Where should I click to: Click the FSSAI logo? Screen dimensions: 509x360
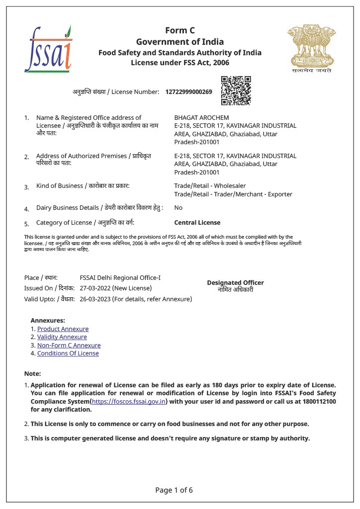tap(48, 49)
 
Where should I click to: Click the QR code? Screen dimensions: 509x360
tap(236, 90)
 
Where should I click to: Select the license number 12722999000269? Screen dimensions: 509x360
tap(188, 92)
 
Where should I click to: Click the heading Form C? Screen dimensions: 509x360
tap(180, 30)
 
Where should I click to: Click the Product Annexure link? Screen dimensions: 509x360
tap(63, 329)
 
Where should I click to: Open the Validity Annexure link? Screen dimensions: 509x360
tap(62, 337)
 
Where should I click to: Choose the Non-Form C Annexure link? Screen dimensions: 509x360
tap(69, 345)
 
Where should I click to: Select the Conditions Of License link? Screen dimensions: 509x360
tap(68, 353)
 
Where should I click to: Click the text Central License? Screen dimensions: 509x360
tap(197, 223)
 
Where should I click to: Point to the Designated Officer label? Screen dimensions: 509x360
tap(235, 283)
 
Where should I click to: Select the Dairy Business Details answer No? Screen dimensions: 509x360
tap(178, 208)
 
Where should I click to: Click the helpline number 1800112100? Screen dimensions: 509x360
tap(318, 401)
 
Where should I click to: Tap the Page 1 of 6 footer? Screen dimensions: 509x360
tap(174, 490)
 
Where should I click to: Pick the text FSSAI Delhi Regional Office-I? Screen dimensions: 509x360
tap(120, 278)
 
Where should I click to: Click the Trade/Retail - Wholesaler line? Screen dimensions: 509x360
tap(210, 186)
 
